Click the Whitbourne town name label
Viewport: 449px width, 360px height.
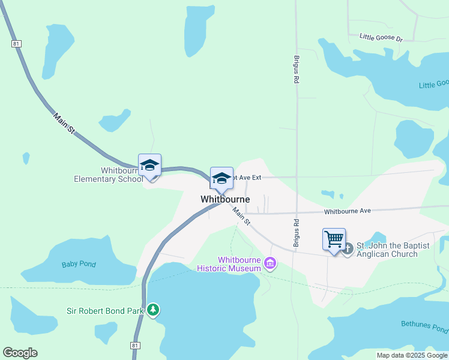coord(225,199)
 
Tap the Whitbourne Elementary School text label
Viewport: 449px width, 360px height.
coord(108,175)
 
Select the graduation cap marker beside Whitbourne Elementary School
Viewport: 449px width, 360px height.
coord(149,166)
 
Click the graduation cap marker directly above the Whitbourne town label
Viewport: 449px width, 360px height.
coord(221,178)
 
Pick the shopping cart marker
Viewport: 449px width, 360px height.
coord(334,239)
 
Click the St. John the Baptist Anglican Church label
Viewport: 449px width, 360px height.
coord(387,250)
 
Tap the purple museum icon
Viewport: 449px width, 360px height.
coord(270,263)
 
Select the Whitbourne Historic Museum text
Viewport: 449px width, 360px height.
coord(240,264)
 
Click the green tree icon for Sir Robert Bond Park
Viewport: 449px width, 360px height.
coord(154,310)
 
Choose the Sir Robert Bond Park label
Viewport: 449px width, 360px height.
coord(105,311)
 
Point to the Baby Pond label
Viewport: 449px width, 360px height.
coord(79,264)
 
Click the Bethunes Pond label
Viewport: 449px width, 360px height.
coord(424,327)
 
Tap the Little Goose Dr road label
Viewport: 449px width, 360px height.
coord(381,37)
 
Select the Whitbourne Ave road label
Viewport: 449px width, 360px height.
coord(348,211)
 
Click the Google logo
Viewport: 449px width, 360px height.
coord(20,353)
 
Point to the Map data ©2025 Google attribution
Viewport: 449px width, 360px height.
coord(412,355)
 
